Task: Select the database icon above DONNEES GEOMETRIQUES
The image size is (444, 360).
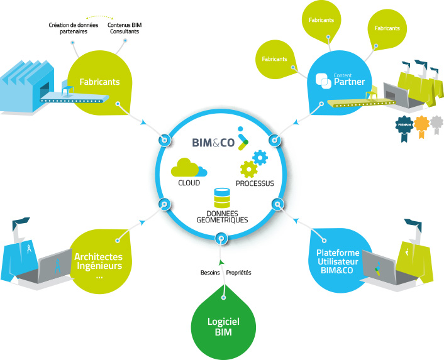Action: click(x=221, y=198)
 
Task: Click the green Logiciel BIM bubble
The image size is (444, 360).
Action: click(x=223, y=327)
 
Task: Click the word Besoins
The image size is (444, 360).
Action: click(x=210, y=273)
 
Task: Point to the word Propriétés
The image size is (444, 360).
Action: click(x=238, y=273)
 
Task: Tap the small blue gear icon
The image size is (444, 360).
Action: click(x=258, y=157)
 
